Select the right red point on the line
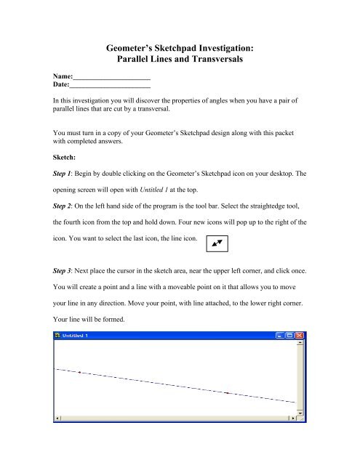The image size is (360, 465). pos(228,393)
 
